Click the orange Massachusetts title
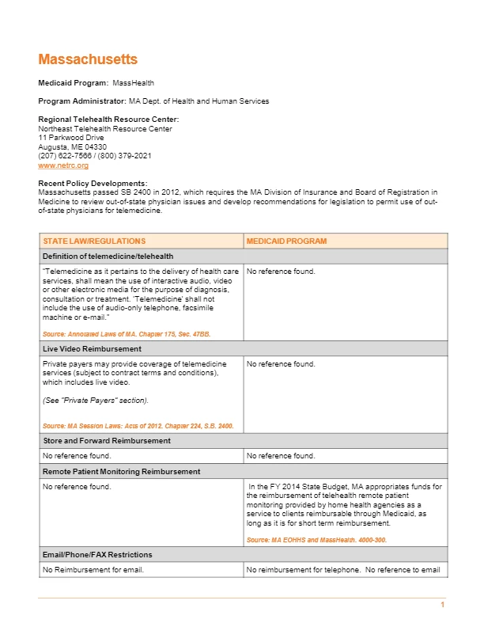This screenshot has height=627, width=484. coord(88,60)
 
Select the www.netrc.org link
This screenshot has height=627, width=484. coord(63,165)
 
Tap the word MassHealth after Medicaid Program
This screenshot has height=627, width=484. coord(133,82)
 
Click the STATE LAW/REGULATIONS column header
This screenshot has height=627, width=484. coord(94,241)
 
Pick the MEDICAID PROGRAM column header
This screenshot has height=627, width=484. coord(286,241)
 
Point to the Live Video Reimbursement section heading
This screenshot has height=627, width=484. coord(92,348)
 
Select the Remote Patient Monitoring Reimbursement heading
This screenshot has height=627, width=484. coord(121,471)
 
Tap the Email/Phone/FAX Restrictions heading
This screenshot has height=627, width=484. coord(97,554)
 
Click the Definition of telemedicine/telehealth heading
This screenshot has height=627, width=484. coord(108,256)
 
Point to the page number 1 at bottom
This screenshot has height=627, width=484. coord(443,606)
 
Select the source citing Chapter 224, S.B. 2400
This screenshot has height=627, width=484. coord(138,426)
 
